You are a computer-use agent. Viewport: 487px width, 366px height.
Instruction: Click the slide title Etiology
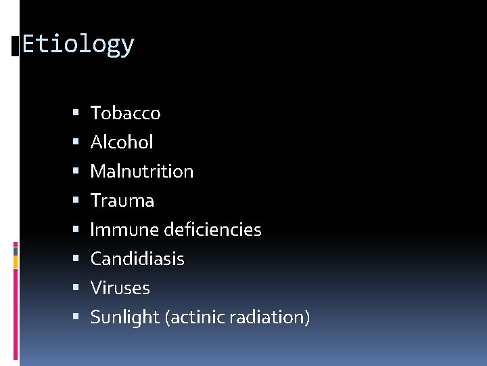click(78, 45)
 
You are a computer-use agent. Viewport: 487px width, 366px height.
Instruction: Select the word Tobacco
click(125, 113)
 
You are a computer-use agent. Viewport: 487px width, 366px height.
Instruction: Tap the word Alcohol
click(122, 142)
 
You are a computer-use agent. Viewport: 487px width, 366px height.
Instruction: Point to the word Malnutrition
click(142, 171)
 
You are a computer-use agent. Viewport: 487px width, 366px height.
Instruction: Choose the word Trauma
click(122, 201)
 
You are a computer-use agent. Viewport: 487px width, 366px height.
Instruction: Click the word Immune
click(125, 230)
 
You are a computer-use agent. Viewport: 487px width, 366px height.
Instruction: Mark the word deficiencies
click(213, 230)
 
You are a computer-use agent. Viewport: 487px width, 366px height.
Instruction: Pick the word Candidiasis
click(137, 259)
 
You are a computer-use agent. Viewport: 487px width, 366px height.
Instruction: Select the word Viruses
click(120, 288)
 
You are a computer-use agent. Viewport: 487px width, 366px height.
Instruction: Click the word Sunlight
click(125, 317)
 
